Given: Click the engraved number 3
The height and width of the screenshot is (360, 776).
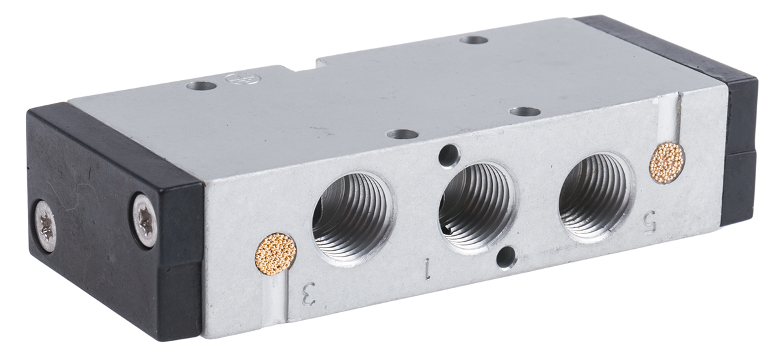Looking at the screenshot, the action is pyautogui.click(x=309, y=294).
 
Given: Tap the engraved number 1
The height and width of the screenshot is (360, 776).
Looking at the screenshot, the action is pyautogui.click(x=428, y=270).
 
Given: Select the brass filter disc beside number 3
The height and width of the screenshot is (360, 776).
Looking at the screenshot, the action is pyautogui.click(x=275, y=253).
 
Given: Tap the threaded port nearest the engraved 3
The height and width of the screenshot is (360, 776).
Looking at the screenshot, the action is pyautogui.click(x=354, y=217).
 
